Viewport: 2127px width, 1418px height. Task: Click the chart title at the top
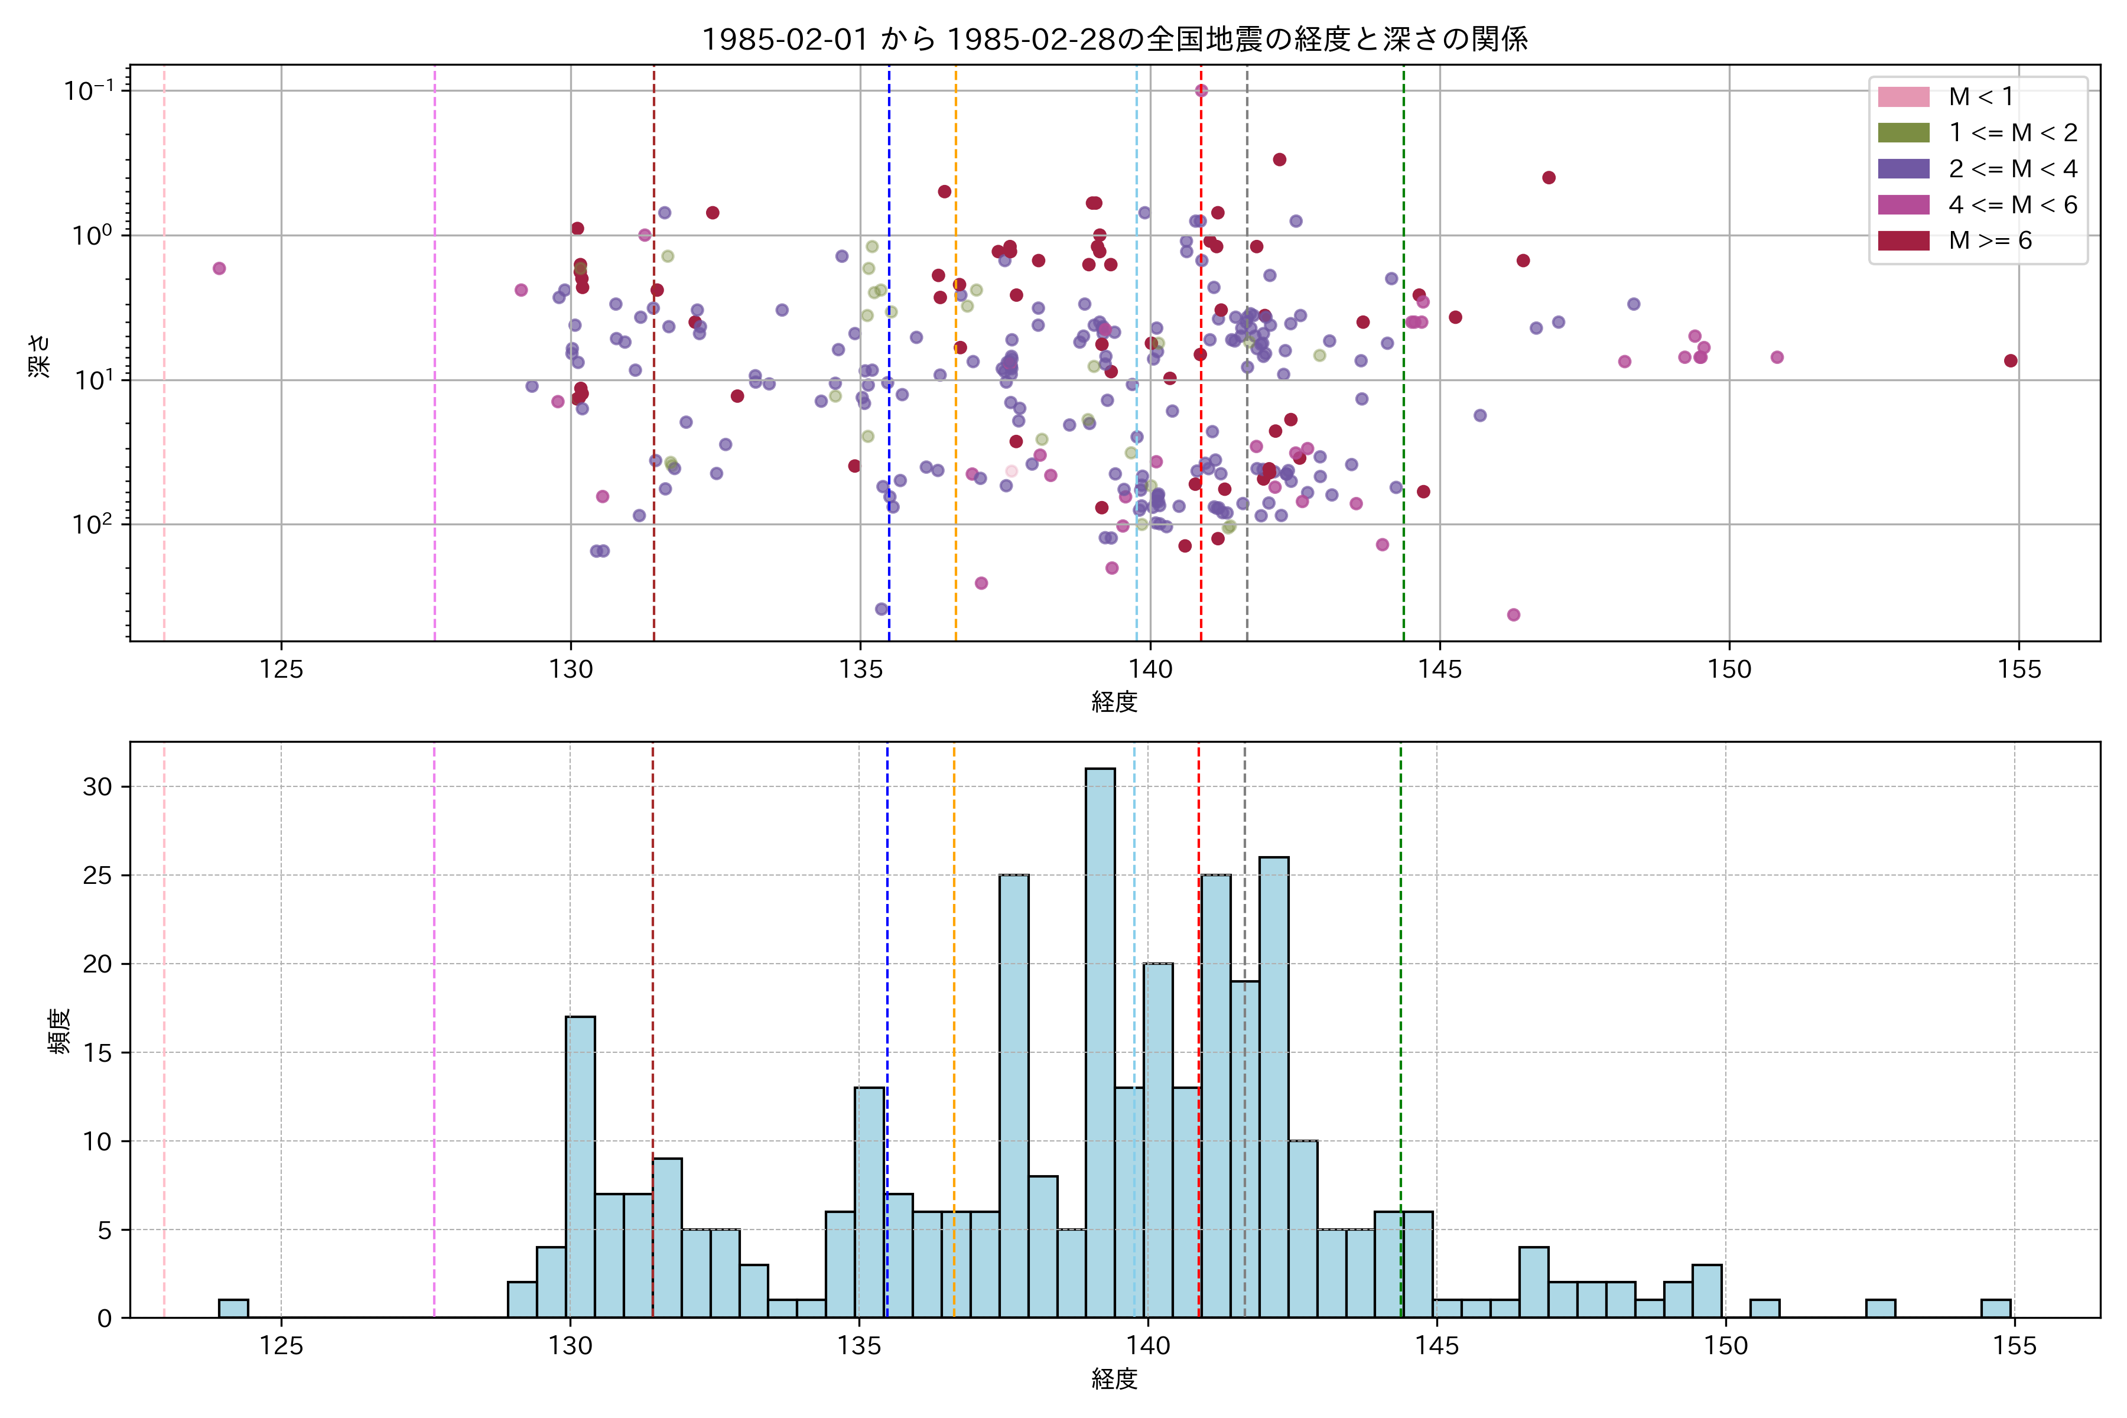point(1114,39)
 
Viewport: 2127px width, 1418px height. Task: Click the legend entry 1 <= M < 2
point(2012,133)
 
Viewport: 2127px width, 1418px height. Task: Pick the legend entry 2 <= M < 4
point(2012,169)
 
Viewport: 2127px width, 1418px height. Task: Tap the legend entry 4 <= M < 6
point(2012,205)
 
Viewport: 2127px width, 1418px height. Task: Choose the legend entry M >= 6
point(1989,240)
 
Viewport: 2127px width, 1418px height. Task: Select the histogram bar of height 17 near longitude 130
point(580,1166)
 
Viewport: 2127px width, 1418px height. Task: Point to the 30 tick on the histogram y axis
point(97,787)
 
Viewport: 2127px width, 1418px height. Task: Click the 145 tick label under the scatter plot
point(1440,670)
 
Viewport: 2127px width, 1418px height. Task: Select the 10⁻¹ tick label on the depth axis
point(89,90)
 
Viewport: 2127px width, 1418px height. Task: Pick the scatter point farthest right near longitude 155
point(2011,361)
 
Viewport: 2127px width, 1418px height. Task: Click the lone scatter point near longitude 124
point(219,269)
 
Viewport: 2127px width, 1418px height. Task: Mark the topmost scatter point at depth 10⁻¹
point(1201,90)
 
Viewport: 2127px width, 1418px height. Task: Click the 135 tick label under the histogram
point(858,1347)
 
